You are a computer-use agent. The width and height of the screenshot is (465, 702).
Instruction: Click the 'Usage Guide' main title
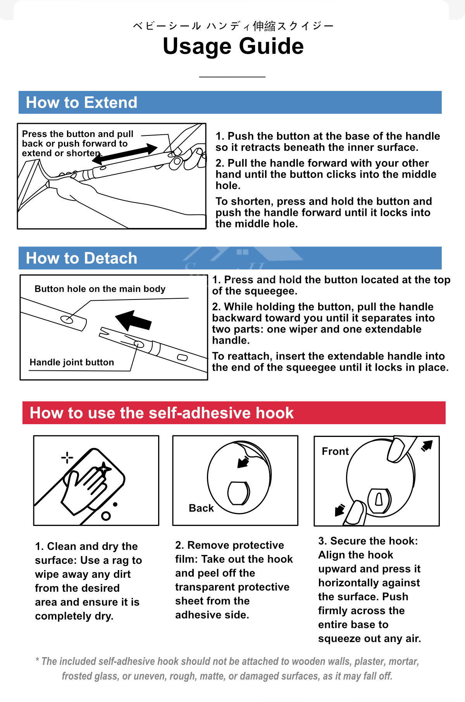click(233, 46)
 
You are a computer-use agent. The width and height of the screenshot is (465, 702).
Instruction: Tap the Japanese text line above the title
click(233, 26)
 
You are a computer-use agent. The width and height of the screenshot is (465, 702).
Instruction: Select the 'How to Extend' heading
click(81, 103)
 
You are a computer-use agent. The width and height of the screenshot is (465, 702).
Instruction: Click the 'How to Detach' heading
click(81, 258)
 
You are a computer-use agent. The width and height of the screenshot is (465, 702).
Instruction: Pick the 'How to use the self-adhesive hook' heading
click(162, 413)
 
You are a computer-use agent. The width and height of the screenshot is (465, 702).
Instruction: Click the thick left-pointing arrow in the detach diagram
click(133, 320)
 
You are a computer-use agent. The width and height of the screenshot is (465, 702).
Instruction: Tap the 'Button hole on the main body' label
click(100, 289)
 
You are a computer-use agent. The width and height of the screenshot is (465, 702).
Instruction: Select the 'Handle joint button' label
click(72, 362)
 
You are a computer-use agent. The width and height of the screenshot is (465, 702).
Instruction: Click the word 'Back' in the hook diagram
click(201, 508)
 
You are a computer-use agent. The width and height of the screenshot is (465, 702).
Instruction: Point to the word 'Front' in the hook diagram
click(335, 451)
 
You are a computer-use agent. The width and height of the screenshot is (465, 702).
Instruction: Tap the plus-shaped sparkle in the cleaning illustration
click(67, 457)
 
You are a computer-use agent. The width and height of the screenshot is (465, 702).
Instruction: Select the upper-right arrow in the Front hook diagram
click(427, 446)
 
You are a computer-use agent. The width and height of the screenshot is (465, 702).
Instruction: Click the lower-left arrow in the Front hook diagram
click(339, 510)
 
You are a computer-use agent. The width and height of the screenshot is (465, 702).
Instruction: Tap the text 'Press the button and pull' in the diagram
click(77, 134)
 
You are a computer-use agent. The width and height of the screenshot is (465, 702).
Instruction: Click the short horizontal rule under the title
click(232, 77)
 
